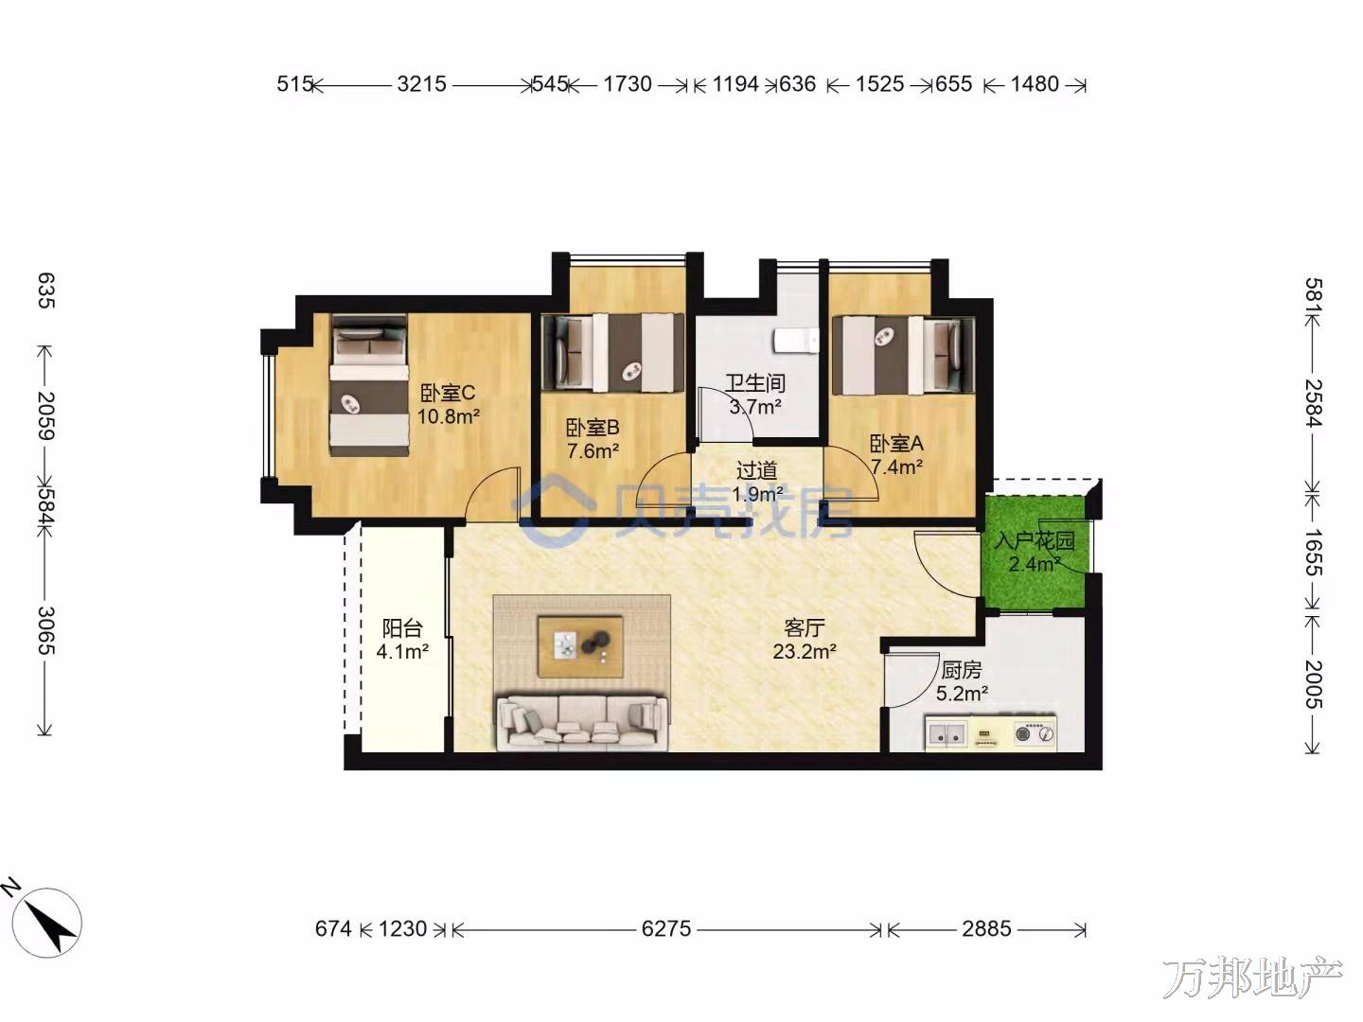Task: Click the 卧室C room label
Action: (x=447, y=392)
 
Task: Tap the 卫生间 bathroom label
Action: (x=755, y=383)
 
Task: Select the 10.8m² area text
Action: (x=448, y=415)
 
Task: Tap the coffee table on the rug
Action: (x=580, y=646)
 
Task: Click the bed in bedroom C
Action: (x=369, y=386)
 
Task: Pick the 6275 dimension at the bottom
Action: (x=665, y=928)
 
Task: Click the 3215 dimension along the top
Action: (x=421, y=84)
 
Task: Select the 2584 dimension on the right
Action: (x=1314, y=403)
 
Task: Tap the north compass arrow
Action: (x=56, y=927)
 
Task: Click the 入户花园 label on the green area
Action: (x=1034, y=540)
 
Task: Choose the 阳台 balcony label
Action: (x=401, y=628)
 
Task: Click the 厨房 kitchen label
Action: (x=962, y=670)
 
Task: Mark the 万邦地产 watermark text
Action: (x=1252, y=978)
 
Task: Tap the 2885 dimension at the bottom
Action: (x=986, y=928)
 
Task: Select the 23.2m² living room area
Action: (x=805, y=652)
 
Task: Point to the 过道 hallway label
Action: (x=756, y=470)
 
